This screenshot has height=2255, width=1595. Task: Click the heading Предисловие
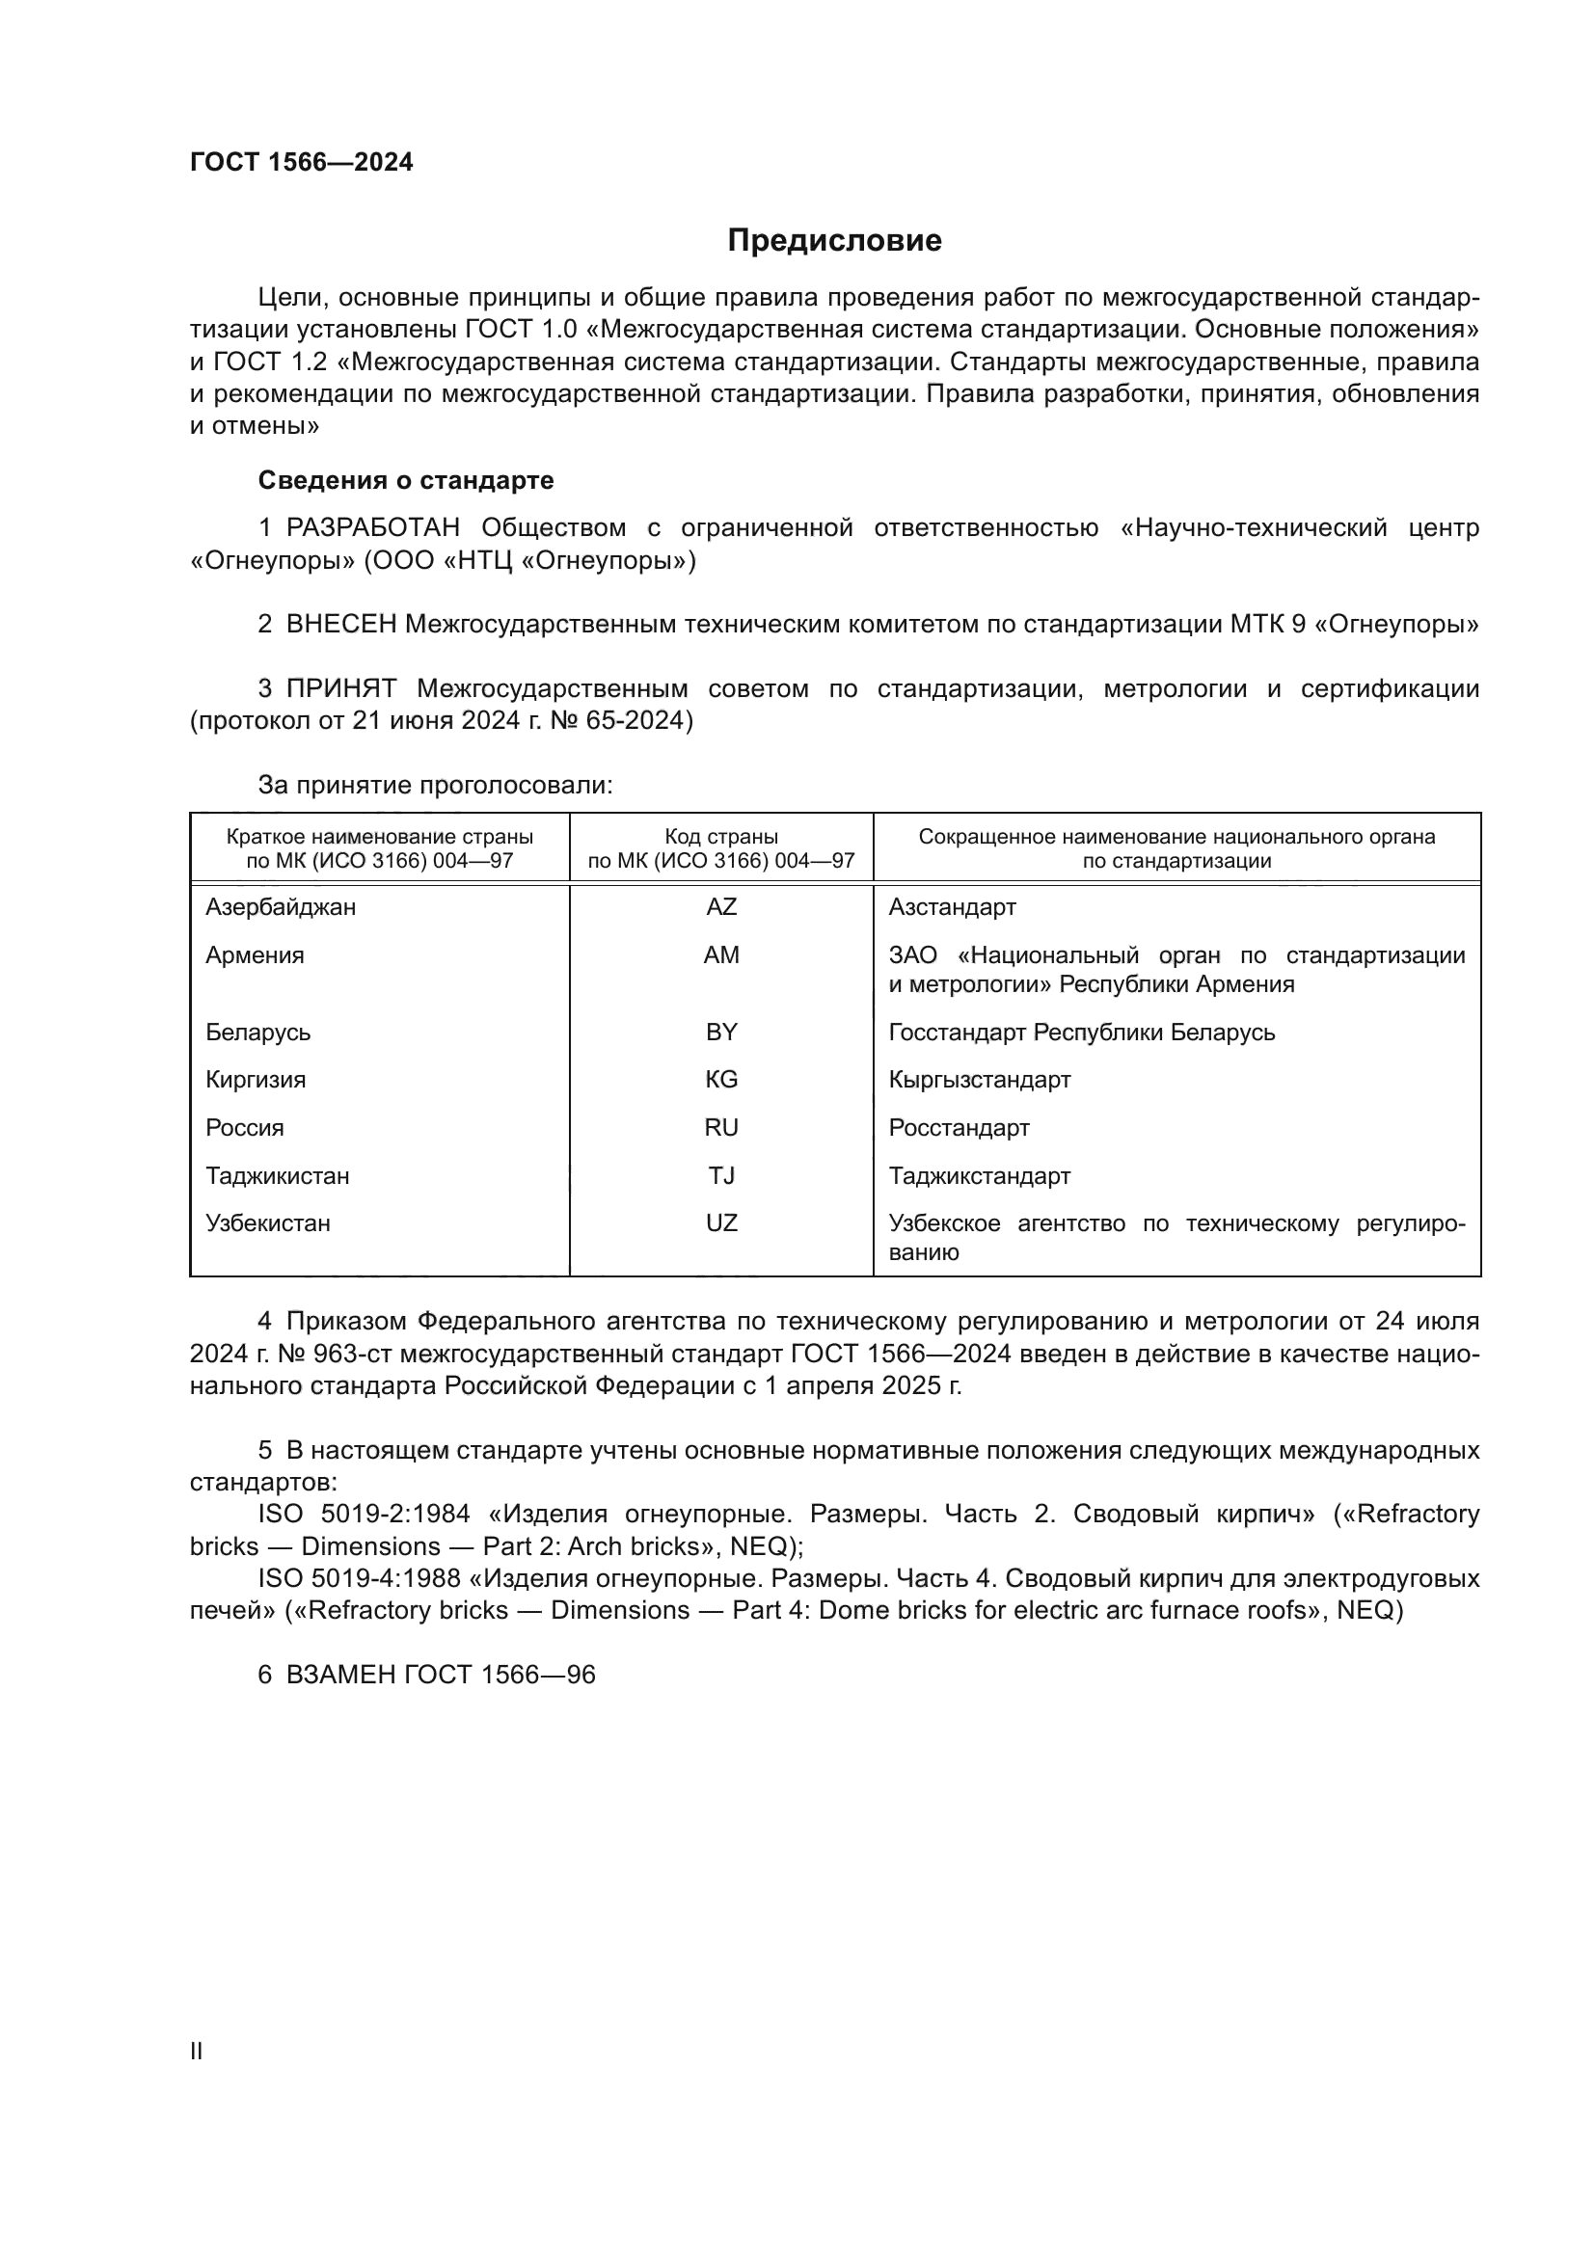click(x=834, y=241)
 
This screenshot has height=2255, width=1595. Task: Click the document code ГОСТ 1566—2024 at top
click(x=301, y=163)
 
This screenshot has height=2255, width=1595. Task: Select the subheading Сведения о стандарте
click(x=406, y=480)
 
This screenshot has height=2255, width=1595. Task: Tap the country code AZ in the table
click(x=721, y=907)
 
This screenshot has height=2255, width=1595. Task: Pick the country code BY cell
click(x=721, y=1033)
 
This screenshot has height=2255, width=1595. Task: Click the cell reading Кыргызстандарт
click(x=978, y=1081)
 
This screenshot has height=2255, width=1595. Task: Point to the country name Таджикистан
click(x=277, y=1176)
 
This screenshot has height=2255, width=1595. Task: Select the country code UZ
click(x=721, y=1223)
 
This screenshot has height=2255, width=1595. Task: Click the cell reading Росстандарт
click(x=959, y=1129)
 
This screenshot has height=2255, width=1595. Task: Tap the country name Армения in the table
click(x=255, y=955)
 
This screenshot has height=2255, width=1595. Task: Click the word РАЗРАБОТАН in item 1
click(x=373, y=528)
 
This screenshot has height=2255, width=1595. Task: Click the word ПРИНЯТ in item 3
click(x=340, y=688)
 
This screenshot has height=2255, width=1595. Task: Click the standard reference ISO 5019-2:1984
click(x=364, y=1515)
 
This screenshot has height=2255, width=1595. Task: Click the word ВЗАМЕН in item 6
click(x=340, y=1675)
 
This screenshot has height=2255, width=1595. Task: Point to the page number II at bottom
click(x=197, y=2051)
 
